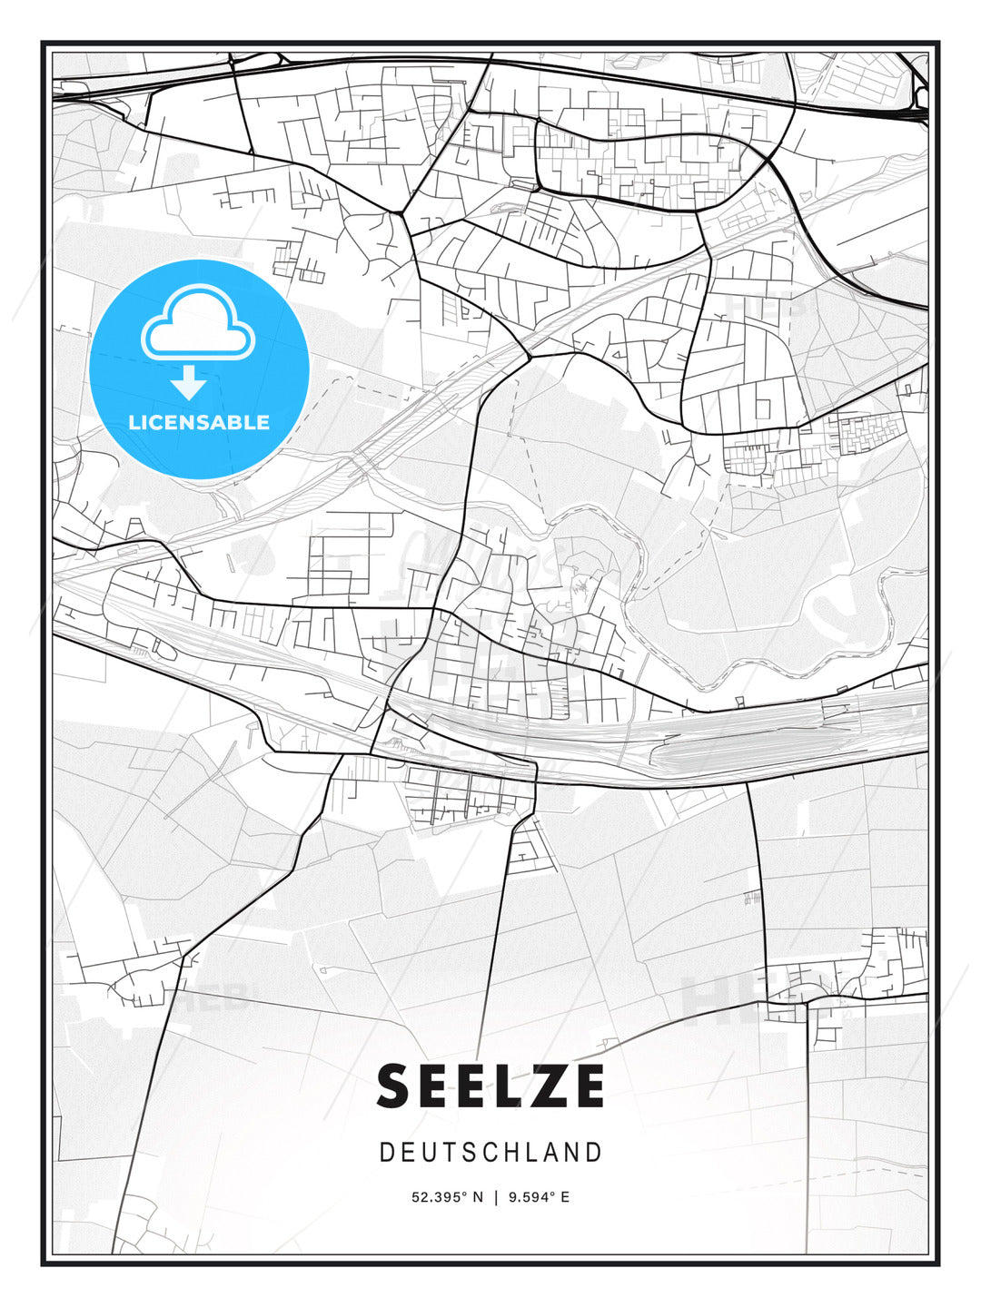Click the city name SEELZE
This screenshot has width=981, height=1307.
pyautogui.click(x=490, y=1086)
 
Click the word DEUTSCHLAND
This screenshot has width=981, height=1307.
pyautogui.click(x=490, y=1153)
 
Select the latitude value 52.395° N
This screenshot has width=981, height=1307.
pyautogui.click(x=447, y=1197)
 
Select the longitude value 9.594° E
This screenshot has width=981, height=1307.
pyautogui.click(x=540, y=1197)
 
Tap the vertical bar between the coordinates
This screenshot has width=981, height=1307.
pyautogui.click(x=496, y=1197)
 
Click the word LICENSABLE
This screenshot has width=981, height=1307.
pyautogui.click(x=199, y=422)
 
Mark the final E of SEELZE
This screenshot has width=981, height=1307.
pyautogui.click(x=587, y=1086)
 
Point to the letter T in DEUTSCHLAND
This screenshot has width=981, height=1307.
pyautogui.click(x=448, y=1153)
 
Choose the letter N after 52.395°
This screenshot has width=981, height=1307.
pyautogui.click(x=478, y=1197)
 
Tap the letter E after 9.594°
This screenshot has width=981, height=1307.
pyautogui.click(x=565, y=1197)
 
